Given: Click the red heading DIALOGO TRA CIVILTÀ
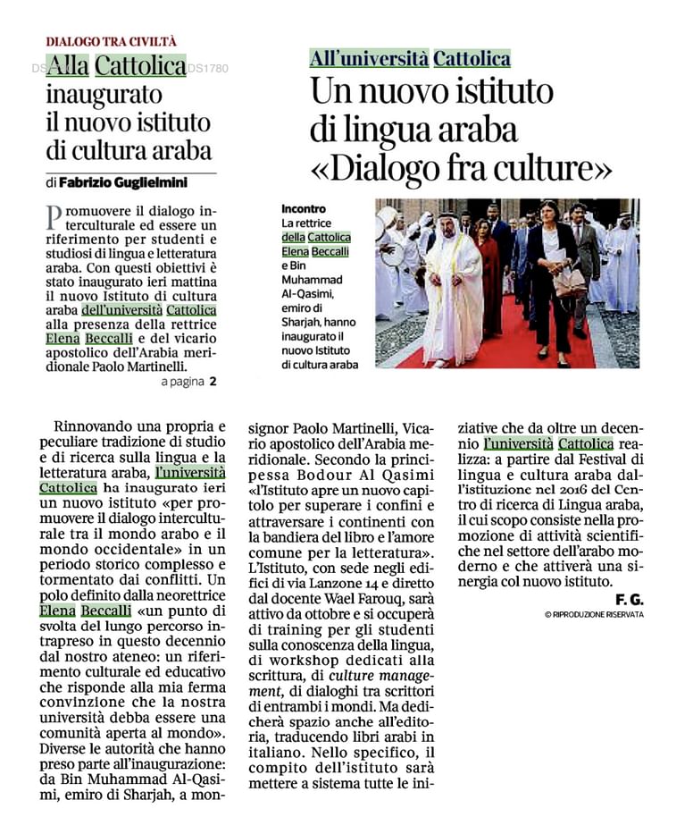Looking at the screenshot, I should pos(112,41).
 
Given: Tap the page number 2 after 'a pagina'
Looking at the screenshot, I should pos(213,382).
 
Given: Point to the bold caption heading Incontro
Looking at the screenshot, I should pos(304,207).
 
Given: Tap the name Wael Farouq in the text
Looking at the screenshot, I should pos(353,595).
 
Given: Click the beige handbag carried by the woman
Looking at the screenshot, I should pos(569,282).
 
